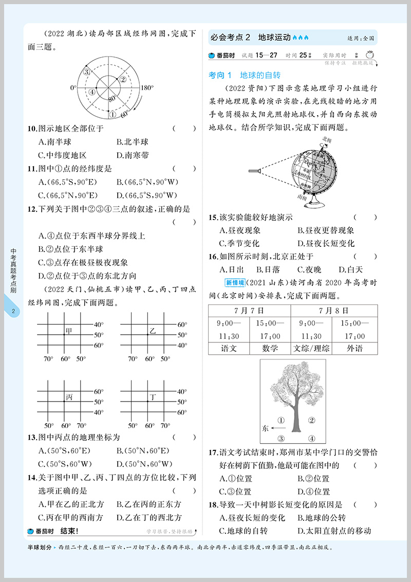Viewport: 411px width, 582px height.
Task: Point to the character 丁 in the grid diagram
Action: coord(153,396)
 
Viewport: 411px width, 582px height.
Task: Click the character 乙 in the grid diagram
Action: coord(152,330)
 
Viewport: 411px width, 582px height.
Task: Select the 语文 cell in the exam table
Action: coord(228,348)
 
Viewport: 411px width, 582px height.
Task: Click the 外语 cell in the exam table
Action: coord(354,348)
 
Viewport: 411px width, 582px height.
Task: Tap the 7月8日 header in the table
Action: coord(333,311)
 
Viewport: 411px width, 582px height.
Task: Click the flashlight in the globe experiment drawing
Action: coord(255,171)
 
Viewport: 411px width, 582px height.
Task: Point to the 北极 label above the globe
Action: coord(326,139)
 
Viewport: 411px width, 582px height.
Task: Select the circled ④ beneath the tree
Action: coord(311,439)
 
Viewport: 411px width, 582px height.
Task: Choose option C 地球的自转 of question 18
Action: coord(244,531)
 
